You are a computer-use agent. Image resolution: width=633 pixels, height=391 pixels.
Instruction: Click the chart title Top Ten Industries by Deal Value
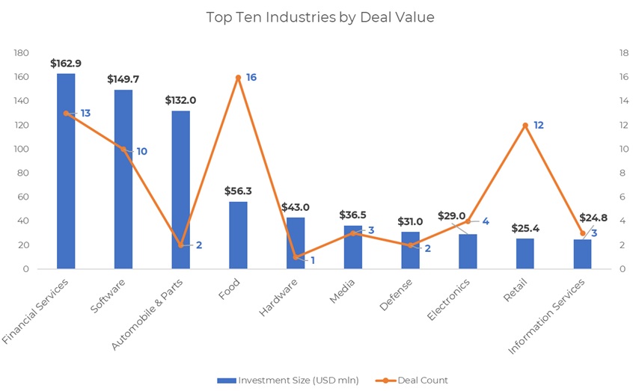click(319, 17)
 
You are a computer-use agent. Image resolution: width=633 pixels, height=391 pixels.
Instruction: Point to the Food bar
click(238, 235)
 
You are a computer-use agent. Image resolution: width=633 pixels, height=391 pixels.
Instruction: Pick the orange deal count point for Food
click(238, 77)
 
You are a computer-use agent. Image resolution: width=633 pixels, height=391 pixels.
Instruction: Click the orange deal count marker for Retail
click(525, 125)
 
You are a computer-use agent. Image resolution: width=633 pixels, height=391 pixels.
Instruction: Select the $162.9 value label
click(66, 64)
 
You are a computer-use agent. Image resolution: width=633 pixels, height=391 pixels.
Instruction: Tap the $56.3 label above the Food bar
click(238, 191)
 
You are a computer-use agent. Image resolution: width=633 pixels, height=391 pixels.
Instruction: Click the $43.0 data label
click(295, 207)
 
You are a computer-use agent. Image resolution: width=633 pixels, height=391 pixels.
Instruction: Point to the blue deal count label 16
click(251, 77)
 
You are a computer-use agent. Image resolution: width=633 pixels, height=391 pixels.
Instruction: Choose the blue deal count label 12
click(539, 125)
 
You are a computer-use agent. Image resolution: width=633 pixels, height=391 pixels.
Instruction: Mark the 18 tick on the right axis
click(623, 53)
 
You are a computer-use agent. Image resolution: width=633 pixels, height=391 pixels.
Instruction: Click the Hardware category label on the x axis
click(279, 298)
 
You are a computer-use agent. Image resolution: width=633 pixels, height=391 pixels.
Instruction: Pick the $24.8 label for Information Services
click(593, 218)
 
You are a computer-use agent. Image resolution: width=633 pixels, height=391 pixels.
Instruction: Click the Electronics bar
click(468, 252)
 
